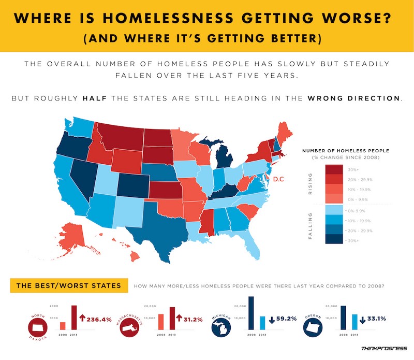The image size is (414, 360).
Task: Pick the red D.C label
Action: point(279,179)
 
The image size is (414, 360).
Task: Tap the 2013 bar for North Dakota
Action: point(73,317)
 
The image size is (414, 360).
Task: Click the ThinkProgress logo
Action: point(380,350)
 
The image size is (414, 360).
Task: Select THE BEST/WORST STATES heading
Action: point(69,285)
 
